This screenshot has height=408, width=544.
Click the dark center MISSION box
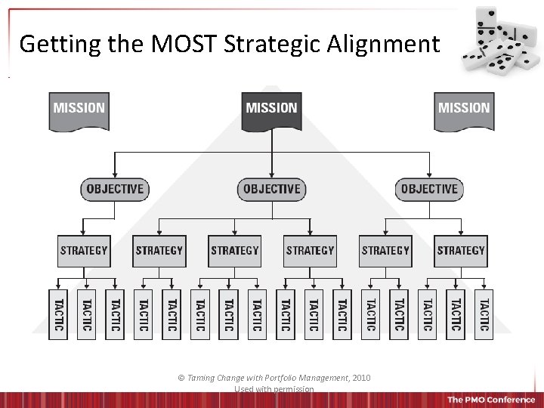[271, 110]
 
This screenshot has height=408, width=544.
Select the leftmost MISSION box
[79, 110]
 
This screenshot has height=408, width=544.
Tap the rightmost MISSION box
[464, 110]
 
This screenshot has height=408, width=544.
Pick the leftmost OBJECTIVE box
[115, 189]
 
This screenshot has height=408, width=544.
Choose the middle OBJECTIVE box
[272, 189]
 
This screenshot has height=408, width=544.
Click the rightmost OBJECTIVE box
[429, 189]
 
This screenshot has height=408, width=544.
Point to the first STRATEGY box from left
[84, 251]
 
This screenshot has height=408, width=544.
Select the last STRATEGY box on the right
[461, 251]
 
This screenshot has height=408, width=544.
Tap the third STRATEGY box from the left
[235, 251]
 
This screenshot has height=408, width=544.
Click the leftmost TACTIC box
[58, 314]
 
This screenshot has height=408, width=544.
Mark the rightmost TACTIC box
[484, 314]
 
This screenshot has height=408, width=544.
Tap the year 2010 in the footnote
[360, 378]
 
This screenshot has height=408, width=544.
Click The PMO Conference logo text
[491, 400]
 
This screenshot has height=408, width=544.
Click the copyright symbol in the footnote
[181, 378]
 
